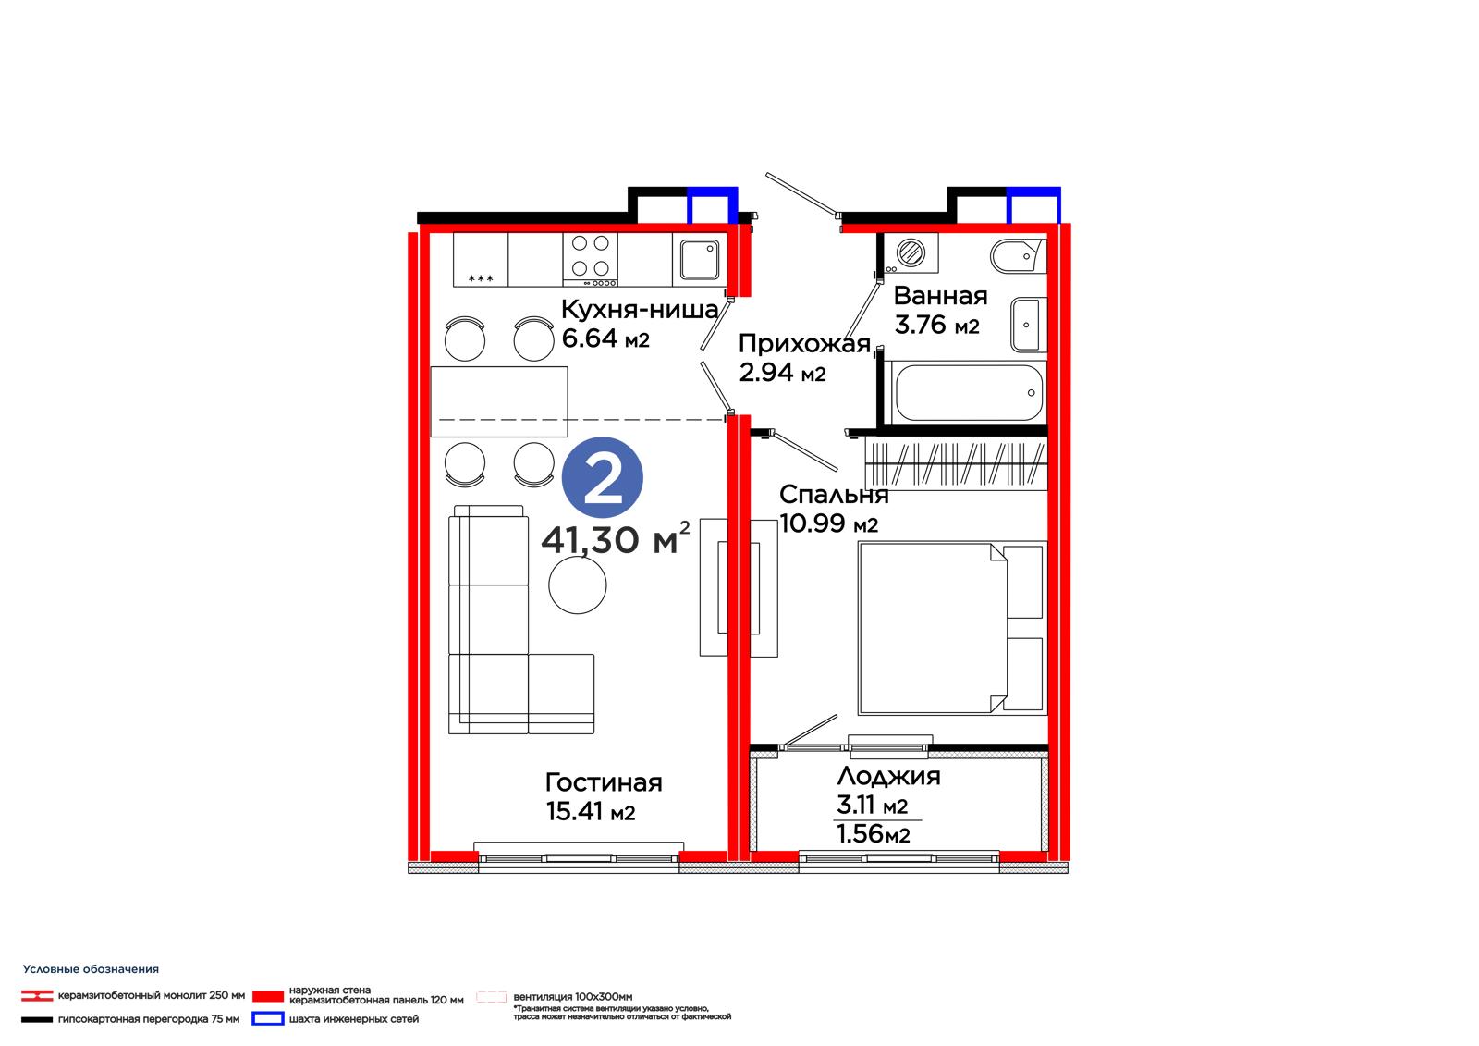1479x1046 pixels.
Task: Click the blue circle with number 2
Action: click(x=602, y=477)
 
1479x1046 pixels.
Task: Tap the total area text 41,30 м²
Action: click(x=616, y=538)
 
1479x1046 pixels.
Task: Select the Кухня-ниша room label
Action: click(x=640, y=309)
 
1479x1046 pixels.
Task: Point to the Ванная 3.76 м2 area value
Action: click(x=937, y=326)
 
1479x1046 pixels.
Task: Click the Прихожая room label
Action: click(x=804, y=344)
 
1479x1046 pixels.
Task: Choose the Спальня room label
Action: click(x=834, y=494)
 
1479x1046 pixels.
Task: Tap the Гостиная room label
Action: click(x=604, y=782)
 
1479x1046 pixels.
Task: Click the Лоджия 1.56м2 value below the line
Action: click(x=873, y=834)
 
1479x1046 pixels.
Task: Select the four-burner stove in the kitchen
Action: click(x=591, y=259)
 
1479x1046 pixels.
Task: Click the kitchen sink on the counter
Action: click(x=700, y=259)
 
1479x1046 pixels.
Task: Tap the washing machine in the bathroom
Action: click(x=911, y=252)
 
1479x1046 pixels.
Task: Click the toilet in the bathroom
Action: click(x=1018, y=255)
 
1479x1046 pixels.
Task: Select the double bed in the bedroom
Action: click(x=952, y=628)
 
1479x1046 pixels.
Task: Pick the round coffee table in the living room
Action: click(x=577, y=585)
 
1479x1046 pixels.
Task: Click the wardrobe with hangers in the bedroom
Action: click(x=956, y=464)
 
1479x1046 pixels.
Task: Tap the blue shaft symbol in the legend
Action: click(x=268, y=1019)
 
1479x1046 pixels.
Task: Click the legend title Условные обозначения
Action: click(x=91, y=969)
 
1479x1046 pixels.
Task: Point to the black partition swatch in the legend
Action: click(x=37, y=1019)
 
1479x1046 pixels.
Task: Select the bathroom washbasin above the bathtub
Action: click(x=1028, y=325)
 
